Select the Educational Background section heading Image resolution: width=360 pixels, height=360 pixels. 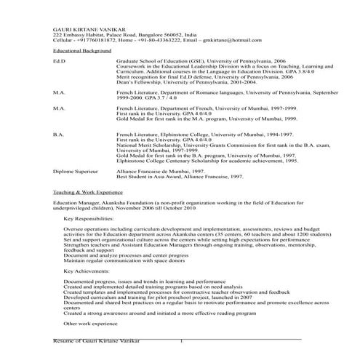(81, 52)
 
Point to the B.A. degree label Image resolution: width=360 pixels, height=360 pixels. (59, 134)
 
